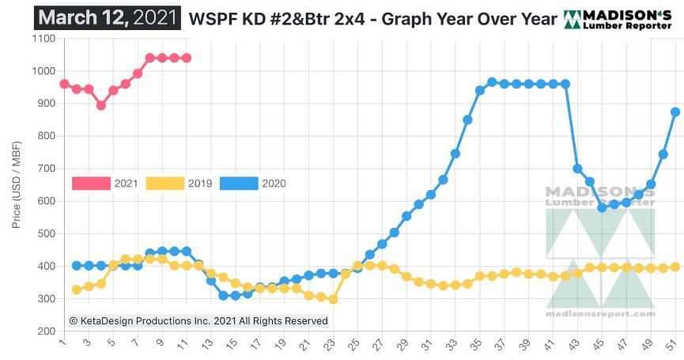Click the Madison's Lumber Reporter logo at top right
pos(618,19)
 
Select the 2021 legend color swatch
pos(90,184)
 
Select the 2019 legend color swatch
pos(164,184)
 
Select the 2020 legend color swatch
pos(238,184)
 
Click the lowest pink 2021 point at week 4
pos(101,105)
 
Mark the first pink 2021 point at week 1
pos(64,85)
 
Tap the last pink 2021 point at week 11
pos(187,58)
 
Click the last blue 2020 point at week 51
pos(675,112)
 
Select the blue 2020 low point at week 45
pos(602,207)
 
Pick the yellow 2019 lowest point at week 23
pos(333,299)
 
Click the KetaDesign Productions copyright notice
pos(198,320)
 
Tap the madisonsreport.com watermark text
pos(600,313)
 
